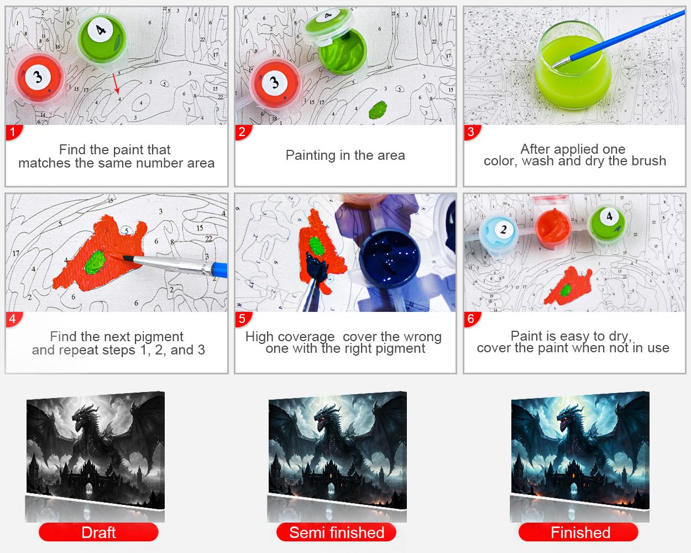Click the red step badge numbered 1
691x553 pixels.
pos(13,132)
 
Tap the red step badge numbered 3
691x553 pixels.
pos(472,132)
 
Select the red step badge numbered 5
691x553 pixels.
pos(243,319)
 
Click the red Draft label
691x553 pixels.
pos(98,532)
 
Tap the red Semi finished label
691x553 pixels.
pos(337,532)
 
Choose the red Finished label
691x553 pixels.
pos(578,532)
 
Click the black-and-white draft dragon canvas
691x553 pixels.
pos(96,450)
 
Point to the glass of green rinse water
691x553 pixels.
pos(573,66)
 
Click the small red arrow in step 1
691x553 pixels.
pos(116,84)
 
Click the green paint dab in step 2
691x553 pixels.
pos(378,109)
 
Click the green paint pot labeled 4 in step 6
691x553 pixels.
pos(607,223)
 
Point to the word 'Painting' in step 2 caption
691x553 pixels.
pos(310,155)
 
